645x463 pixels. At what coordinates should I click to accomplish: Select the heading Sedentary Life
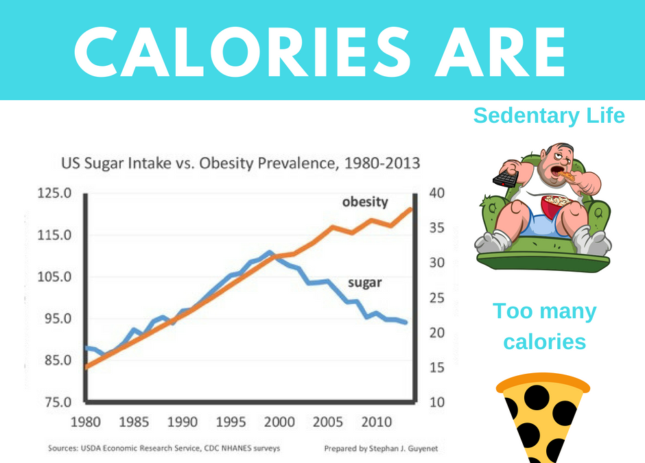point(549,116)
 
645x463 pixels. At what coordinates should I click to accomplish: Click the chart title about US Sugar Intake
point(240,164)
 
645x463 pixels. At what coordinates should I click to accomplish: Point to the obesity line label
point(365,202)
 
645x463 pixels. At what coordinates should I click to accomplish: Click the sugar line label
point(364,282)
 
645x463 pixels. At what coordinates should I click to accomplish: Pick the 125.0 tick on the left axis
point(54,193)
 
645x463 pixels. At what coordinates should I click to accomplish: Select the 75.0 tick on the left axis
point(54,403)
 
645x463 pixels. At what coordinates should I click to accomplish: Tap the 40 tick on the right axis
point(436,193)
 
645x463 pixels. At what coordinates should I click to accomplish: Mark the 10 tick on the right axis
point(436,403)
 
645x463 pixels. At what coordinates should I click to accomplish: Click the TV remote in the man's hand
point(506,179)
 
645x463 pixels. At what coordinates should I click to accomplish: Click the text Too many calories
point(545,327)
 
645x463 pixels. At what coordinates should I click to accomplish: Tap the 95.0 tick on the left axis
point(54,319)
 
